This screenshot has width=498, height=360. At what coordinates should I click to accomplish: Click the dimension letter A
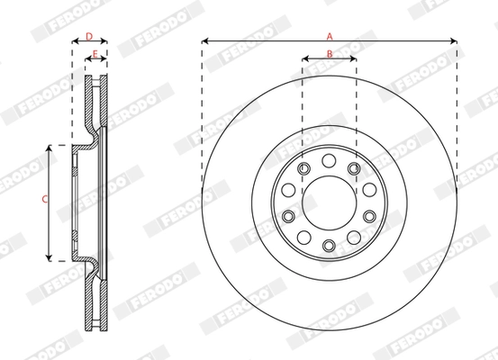click(x=330, y=36)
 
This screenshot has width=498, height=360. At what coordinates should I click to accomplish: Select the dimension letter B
click(x=330, y=54)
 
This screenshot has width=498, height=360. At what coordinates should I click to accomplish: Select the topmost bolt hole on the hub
click(x=329, y=160)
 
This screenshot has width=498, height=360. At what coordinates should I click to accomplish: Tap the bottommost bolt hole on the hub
click(x=329, y=244)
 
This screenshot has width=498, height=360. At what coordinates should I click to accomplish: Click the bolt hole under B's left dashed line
click(x=303, y=168)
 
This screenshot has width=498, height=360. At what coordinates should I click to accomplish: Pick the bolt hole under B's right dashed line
click(x=354, y=168)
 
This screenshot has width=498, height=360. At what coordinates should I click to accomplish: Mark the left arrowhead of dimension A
click(x=205, y=41)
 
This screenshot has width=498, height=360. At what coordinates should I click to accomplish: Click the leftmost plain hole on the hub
click(x=287, y=190)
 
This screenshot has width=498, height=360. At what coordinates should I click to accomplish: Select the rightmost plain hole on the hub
click(x=369, y=190)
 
